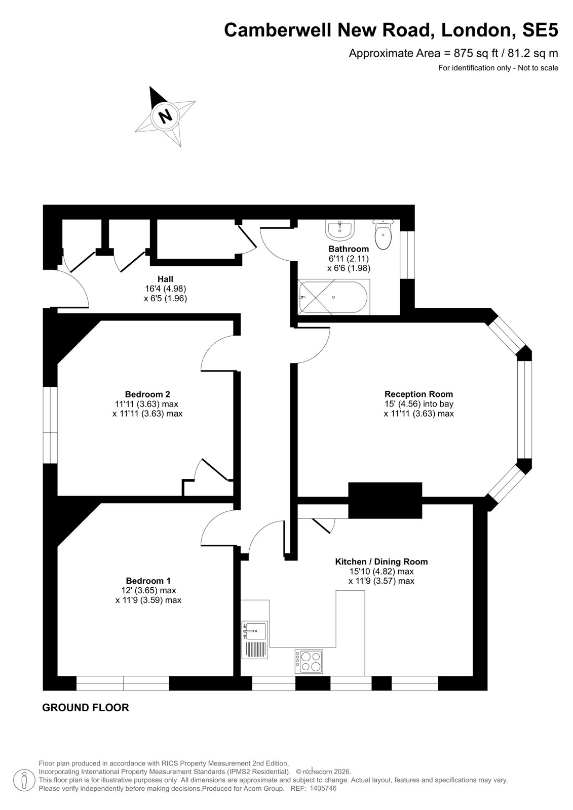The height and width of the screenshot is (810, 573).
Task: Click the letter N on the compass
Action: point(166,116)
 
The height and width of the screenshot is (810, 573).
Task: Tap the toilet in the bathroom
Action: point(383,234)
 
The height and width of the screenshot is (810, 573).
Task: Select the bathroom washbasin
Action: point(339,230)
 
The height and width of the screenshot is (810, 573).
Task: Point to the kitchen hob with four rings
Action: point(309,661)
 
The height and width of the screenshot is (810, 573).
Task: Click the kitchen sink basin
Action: point(255,631)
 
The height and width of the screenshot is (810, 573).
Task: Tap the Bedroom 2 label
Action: point(147,394)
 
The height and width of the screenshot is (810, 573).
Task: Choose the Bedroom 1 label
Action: point(148,581)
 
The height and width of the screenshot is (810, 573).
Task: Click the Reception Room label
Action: point(418,394)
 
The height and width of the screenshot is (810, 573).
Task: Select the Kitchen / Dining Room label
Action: point(381,561)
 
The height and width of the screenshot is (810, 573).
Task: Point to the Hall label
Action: point(165,279)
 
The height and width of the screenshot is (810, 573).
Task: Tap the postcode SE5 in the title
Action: point(540,30)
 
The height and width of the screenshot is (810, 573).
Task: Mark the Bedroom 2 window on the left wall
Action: point(50,425)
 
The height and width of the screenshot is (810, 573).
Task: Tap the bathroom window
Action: point(407,255)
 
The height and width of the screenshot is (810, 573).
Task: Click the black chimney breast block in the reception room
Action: point(385,501)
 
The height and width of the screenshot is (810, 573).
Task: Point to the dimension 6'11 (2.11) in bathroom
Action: point(348,259)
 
